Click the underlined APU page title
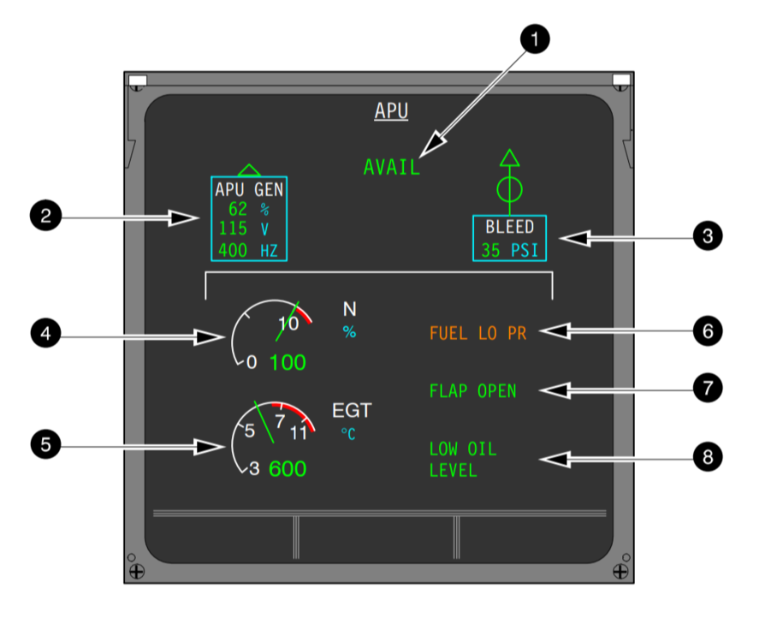[391, 111]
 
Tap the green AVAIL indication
[392, 168]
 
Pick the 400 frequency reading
[234, 250]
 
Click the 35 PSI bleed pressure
[510, 251]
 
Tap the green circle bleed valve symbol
[510, 187]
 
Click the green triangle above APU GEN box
[249, 169]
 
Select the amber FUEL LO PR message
[477, 334]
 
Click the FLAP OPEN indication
[472, 391]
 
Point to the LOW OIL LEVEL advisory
[463, 460]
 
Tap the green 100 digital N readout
[288, 362]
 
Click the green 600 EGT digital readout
[288, 469]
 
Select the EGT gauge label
[352, 411]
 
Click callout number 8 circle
[707, 457]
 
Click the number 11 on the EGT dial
[299, 432]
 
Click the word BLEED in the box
[510, 227]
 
